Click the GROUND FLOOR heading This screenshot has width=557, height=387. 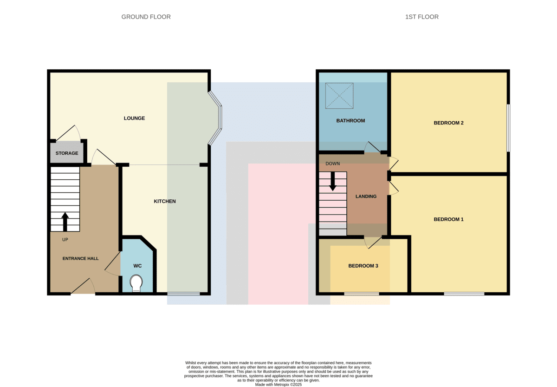[x=146, y=17]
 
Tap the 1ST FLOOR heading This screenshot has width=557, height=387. [x=422, y=17]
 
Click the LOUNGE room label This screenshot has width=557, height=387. [x=134, y=118]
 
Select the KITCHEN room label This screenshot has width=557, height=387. [x=165, y=201]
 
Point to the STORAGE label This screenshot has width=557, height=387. [x=67, y=153]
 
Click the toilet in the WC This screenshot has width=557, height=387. [x=136, y=283]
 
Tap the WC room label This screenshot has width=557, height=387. [x=137, y=266]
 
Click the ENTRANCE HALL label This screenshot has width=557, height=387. [x=80, y=259]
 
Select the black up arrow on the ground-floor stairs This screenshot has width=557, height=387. [x=65, y=222]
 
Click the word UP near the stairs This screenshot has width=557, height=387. [x=65, y=239]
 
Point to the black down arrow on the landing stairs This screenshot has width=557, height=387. [x=333, y=182]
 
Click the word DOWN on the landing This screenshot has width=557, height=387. [x=333, y=164]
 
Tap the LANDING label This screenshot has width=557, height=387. [x=366, y=197]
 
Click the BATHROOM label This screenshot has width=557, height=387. [x=350, y=121]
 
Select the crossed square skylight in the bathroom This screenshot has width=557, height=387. [x=339, y=96]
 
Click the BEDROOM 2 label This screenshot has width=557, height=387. [x=448, y=123]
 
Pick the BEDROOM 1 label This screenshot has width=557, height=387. [x=448, y=219]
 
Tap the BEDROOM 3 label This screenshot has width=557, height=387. [x=363, y=266]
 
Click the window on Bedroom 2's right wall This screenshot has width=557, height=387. [x=508, y=128]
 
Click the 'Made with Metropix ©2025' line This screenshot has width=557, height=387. [x=278, y=385]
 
